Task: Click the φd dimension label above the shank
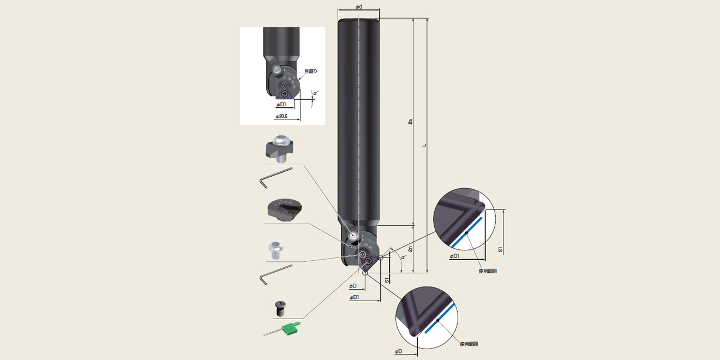[x=358, y=7]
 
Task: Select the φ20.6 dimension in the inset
[x=283, y=116]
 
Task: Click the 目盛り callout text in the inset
[x=310, y=71]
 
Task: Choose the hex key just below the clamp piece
[x=276, y=177]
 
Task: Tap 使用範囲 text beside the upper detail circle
[x=487, y=271]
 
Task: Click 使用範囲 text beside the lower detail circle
[x=469, y=344]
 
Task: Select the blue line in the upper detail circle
[x=468, y=232]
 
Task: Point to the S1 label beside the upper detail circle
[x=501, y=249]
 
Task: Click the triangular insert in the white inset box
[x=285, y=91]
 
